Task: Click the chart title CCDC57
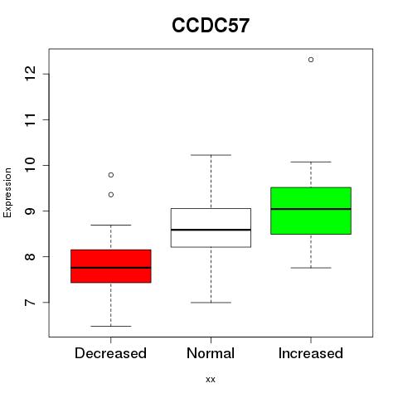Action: click(x=211, y=26)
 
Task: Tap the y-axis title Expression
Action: click(x=7, y=192)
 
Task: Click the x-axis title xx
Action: click(x=211, y=379)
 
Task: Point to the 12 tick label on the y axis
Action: click(x=31, y=74)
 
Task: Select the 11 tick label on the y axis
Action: click(x=31, y=119)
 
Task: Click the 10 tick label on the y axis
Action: click(x=31, y=165)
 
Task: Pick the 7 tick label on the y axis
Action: click(x=31, y=302)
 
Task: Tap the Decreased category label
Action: click(x=110, y=353)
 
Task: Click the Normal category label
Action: click(x=211, y=353)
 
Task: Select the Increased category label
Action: click(x=311, y=353)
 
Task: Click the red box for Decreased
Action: click(x=111, y=266)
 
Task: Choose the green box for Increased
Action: click(x=311, y=211)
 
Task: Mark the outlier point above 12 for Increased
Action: click(x=311, y=60)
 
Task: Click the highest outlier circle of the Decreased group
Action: click(x=111, y=175)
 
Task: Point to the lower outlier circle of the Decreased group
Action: click(x=111, y=195)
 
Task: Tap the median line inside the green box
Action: click(x=311, y=209)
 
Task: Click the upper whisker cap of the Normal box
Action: click(x=211, y=155)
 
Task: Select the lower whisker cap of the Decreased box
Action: click(x=111, y=326)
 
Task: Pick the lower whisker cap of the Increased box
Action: click(x=311, y=268)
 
